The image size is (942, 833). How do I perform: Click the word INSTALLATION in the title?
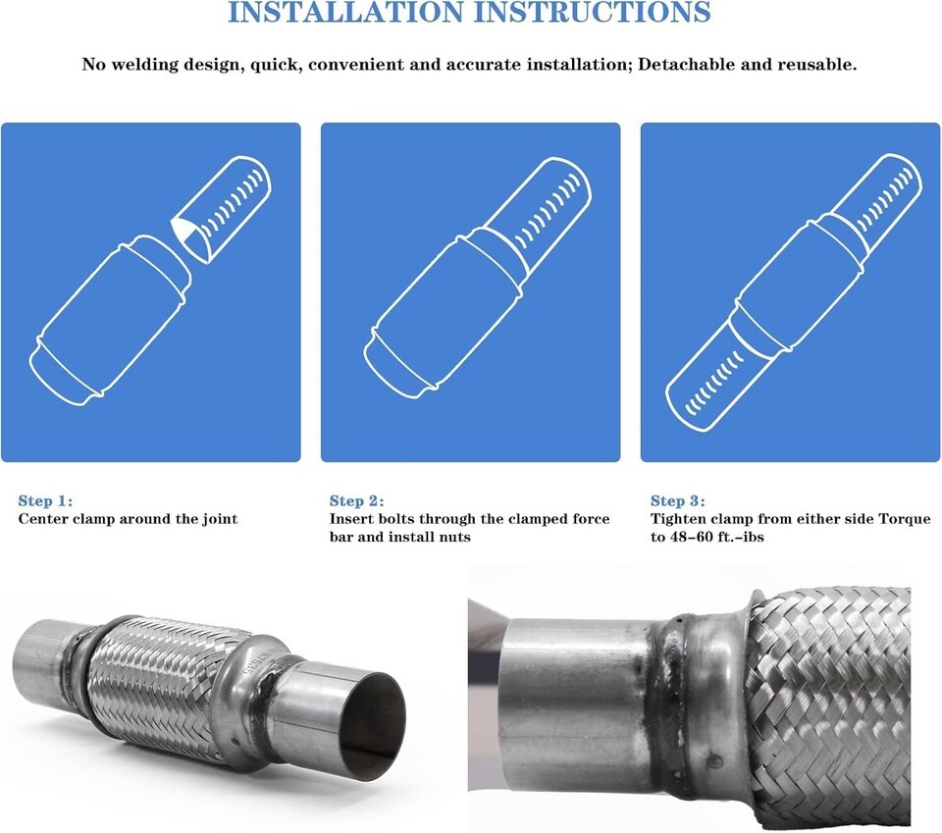(346, 12)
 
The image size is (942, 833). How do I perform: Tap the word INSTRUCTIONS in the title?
(593, 12)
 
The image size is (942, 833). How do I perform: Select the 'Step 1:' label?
(45, 501)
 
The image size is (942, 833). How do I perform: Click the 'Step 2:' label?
(356, 501)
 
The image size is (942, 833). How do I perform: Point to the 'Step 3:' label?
(678, 501)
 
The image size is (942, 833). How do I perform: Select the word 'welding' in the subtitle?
(144, 65)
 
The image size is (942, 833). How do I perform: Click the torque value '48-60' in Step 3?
(692, 537)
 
